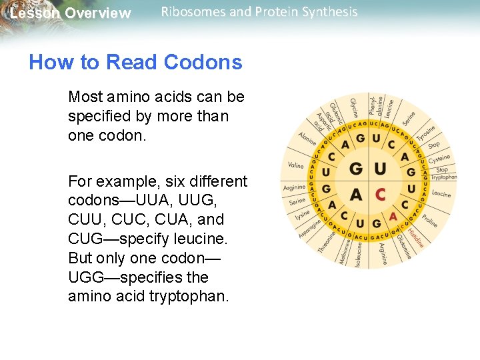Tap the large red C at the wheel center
click(380, 195)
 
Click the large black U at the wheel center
click(380, 168)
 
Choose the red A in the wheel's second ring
click(393, 216)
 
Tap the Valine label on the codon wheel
click(295, 165)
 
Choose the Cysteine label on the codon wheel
click(439, 159)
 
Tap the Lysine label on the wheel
click(303, 214)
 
